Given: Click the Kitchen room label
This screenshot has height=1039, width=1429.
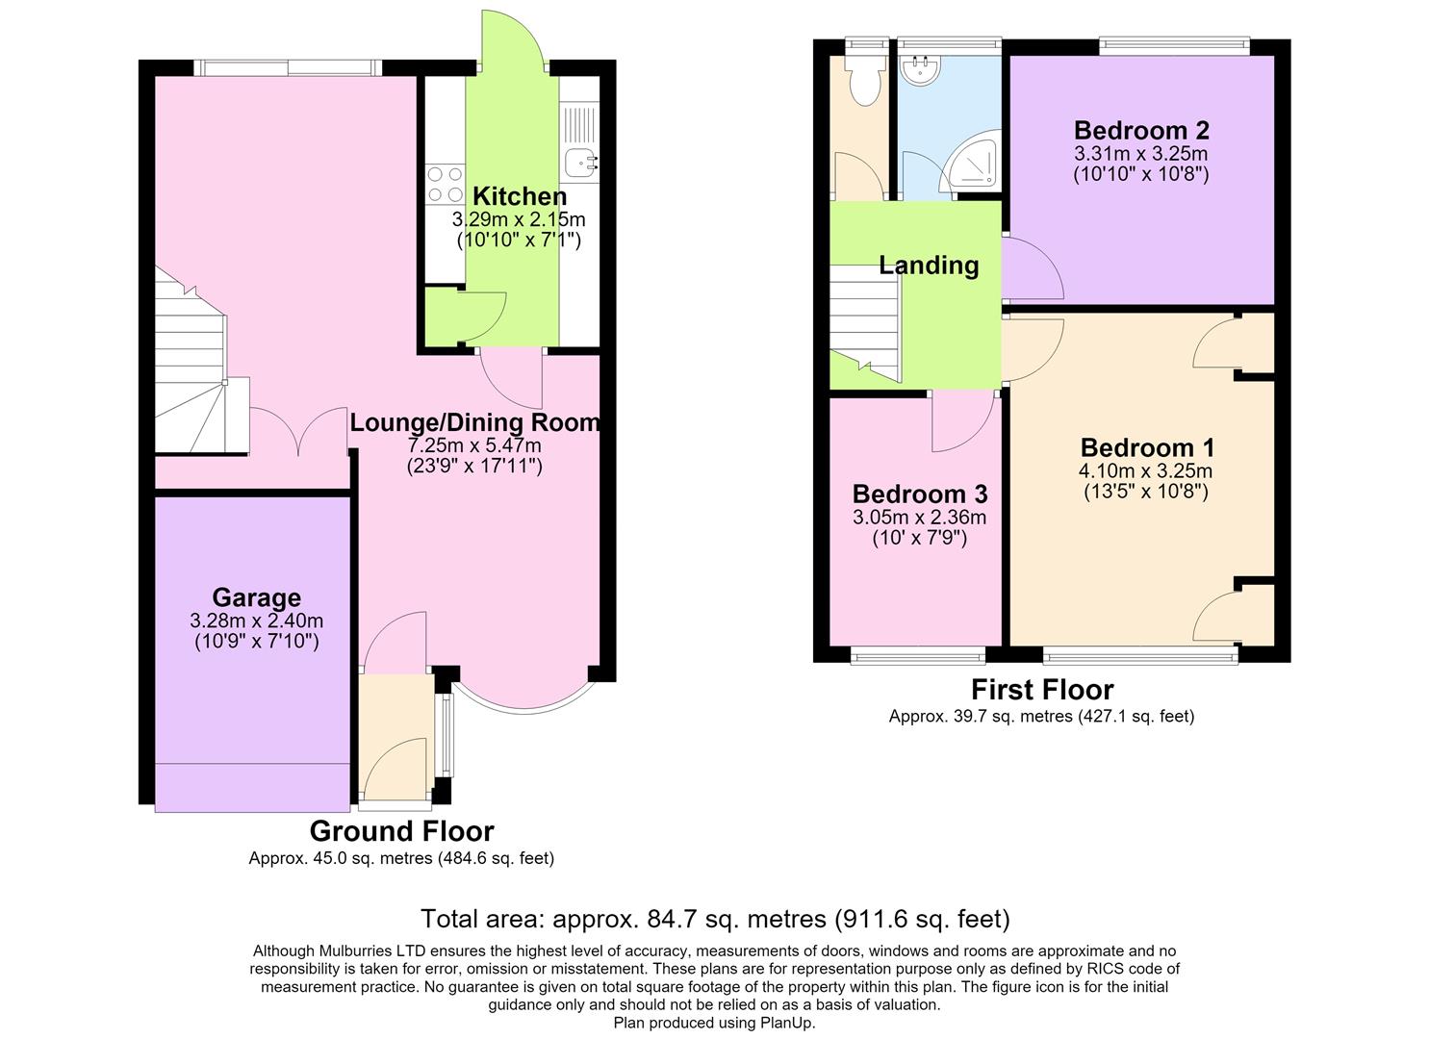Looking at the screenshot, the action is pos(520,196).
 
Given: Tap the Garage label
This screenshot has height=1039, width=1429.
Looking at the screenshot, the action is pos(257,597).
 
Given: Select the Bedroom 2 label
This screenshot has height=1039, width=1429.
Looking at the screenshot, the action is pos(1141,130).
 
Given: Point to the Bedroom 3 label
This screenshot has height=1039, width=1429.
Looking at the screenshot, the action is pos(920,494).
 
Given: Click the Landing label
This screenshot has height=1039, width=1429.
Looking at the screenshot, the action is pos(929,266).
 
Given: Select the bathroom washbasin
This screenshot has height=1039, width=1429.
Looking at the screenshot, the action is pos(920,69).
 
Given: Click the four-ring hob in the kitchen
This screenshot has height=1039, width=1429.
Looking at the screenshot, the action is pos(445,184).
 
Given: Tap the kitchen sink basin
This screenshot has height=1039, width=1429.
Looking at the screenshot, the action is pos(580,163).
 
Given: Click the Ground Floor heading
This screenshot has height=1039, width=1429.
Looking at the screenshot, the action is pos(402,831).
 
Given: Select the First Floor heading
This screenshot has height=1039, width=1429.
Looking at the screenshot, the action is pos(1042,690).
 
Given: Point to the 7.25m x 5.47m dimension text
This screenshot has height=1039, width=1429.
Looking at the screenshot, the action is pos(474,444).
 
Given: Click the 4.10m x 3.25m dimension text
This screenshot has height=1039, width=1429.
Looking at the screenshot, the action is pos(1146,470).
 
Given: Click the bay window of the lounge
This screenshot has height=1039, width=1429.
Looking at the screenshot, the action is pos(524,699).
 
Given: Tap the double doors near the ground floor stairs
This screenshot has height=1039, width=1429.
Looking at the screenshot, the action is pos(298,431).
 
